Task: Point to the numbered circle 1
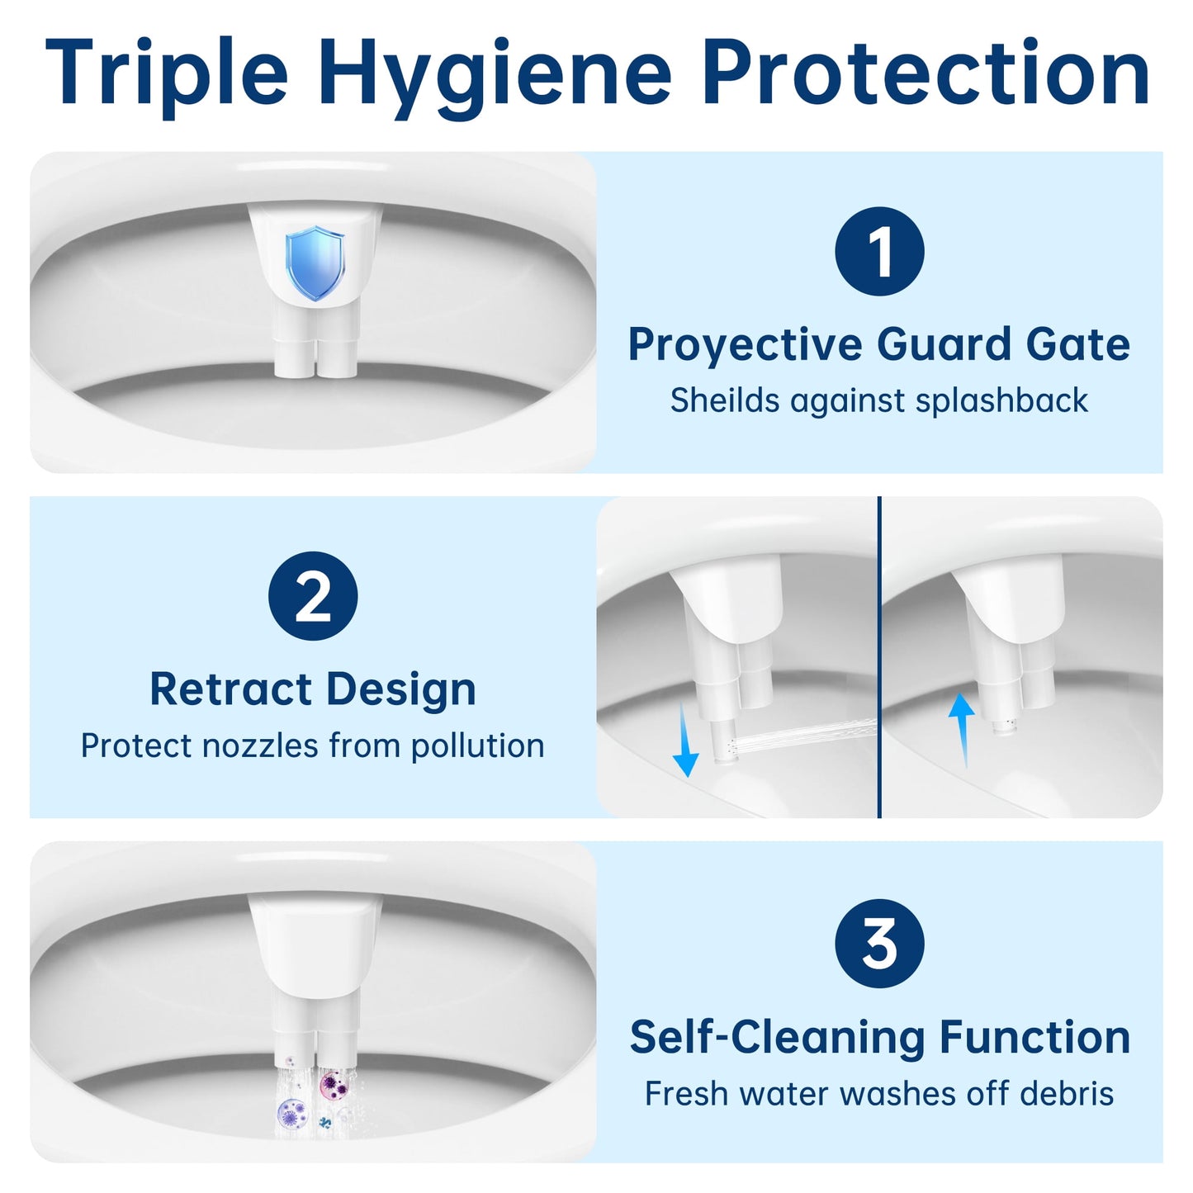(879, 251)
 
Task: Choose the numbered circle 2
(313, 596)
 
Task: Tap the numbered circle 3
(879, 943)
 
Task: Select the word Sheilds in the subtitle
(725, 400)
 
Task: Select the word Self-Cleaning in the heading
(778, 1037)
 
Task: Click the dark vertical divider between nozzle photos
(879, 657)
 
